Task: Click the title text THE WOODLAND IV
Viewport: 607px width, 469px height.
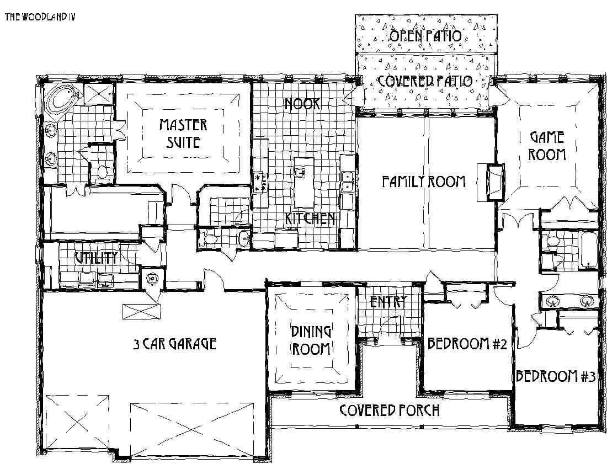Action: click(40, 17)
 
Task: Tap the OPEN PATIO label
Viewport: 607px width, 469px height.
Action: click(425, 36)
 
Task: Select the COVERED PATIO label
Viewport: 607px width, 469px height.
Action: click(425, 81)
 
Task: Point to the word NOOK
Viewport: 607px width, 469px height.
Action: click(302, 104)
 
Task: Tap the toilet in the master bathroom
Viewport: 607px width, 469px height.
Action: click(102, 173)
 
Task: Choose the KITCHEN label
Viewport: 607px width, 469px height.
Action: click(310, 218)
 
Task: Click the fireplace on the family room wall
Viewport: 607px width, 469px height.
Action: click(492, 181)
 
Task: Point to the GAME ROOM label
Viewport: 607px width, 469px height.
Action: click(547, 145)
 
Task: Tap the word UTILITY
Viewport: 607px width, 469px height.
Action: click(96, 258)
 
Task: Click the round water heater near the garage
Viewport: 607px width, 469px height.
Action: click(151, 279)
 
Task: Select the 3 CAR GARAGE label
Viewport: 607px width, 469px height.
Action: click(174, 344)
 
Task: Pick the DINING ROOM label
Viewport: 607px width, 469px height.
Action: click(311, 340)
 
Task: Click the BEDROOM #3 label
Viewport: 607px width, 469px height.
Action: click(555, 377)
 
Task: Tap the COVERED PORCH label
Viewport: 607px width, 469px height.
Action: click(390, 411)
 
